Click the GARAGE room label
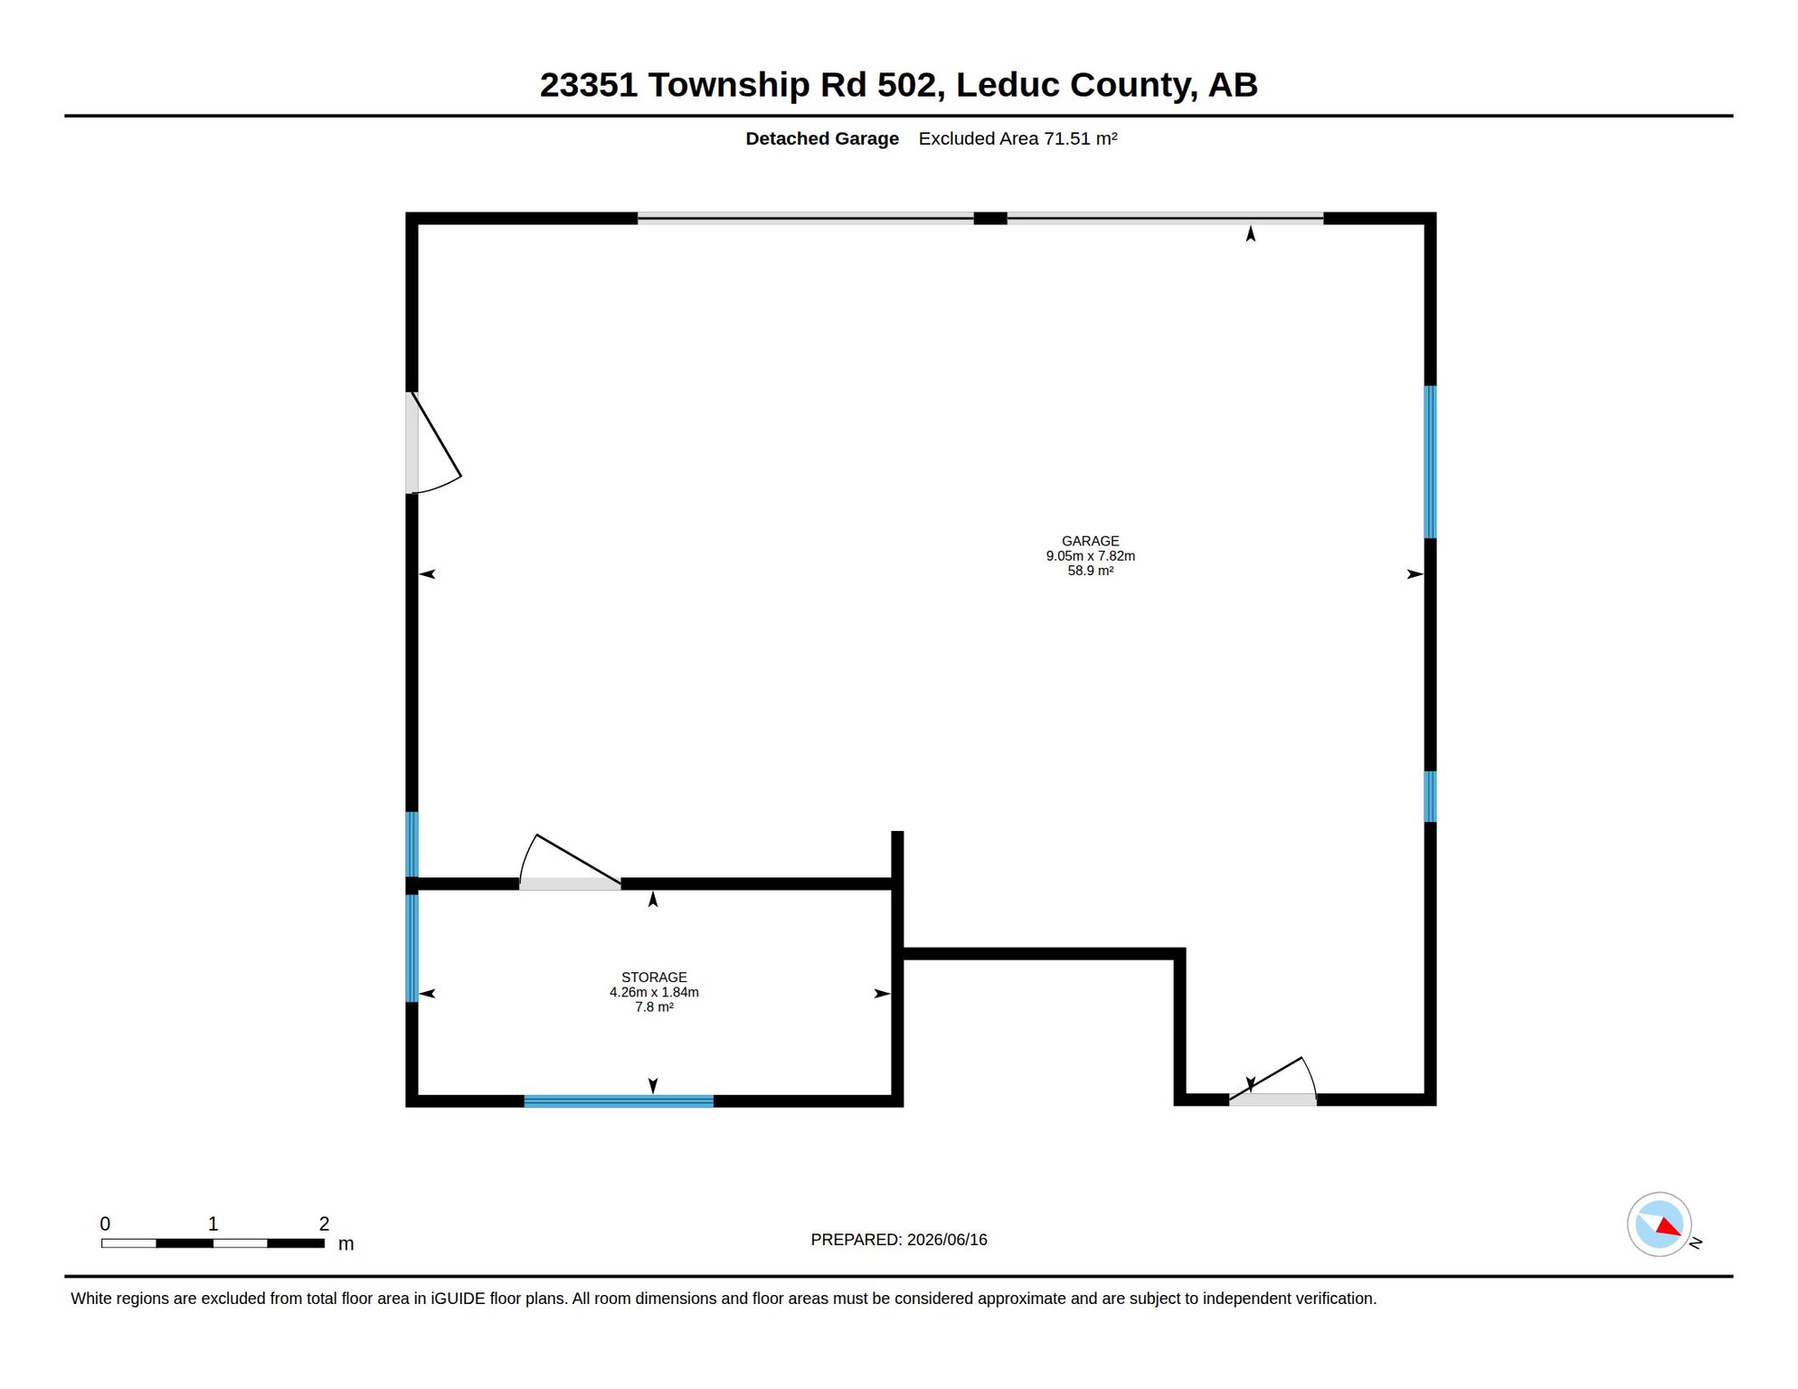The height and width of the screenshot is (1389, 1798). tap(1090, 541)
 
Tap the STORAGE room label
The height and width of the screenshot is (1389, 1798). tap(654, 977)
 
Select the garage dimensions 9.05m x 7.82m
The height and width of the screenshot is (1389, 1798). tap(1090, 555)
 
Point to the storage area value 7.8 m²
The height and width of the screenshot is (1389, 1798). tap(654, 1006)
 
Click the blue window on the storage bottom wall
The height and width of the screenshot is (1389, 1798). tap(619, 1101)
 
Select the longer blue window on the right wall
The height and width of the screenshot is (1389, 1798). tap(1430, 462)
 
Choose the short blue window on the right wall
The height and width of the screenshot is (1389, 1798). tap(1430, 796)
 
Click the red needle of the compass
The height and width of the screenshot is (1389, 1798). tap(1670, 1226)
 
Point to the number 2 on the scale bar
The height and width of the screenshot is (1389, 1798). tap(324, 1224)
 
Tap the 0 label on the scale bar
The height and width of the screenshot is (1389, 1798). tap(105, 1224)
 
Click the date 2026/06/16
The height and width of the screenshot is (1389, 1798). tap(947, 1240)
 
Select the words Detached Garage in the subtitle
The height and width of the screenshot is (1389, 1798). tap(822, 138)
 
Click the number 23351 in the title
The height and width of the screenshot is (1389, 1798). tap(589, 84)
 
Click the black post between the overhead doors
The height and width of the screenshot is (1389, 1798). tap(990, 218)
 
